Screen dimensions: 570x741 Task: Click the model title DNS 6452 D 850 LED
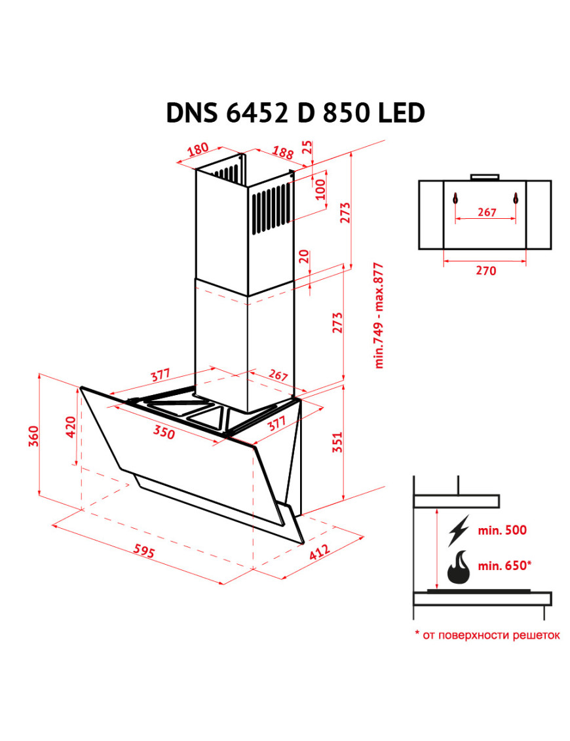tap(295, 113)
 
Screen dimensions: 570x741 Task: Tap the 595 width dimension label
tap(143, 551)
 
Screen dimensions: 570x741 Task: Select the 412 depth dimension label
tap(320, 552)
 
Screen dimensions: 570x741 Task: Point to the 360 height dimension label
tap(33, 436)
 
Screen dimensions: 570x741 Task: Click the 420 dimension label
tap(70, 427)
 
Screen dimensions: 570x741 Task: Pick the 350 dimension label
tap(164, 432)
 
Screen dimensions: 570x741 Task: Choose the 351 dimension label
tap(337, 442)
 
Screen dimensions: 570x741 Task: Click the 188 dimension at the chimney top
tap(282, 152)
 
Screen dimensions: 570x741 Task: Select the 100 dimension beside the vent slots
tap(320, 189)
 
